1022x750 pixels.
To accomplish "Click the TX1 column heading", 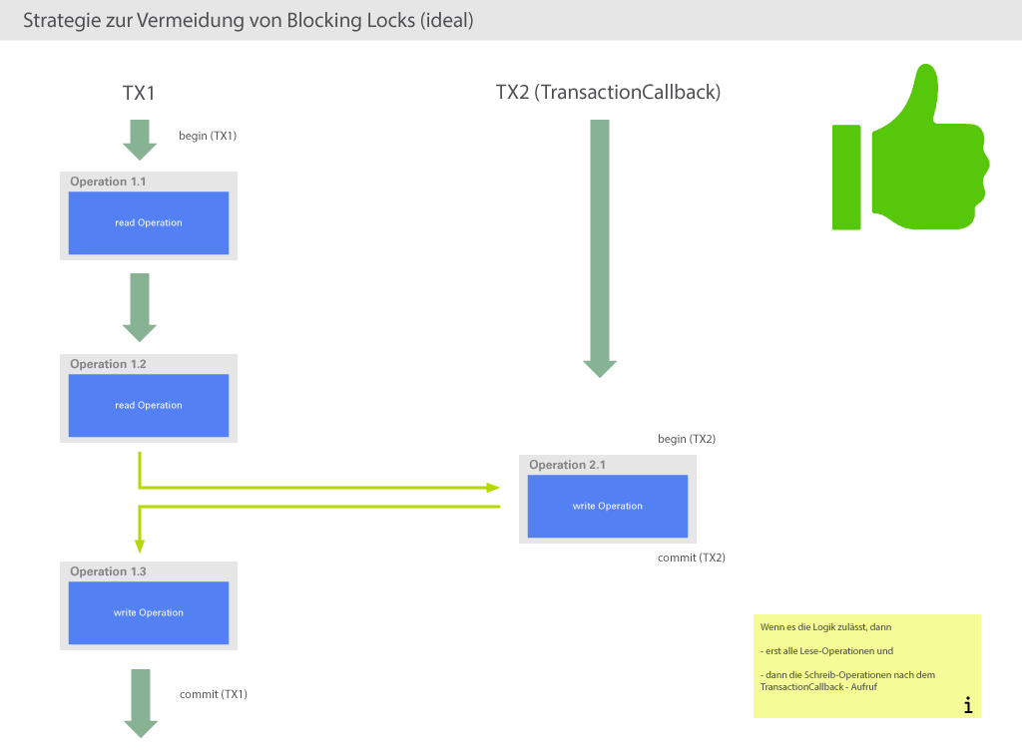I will point(139,93).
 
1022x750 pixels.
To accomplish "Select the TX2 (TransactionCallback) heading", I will point(608,92).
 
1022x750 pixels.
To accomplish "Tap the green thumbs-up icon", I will point(908,150).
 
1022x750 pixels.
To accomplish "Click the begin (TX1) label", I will point(208,136).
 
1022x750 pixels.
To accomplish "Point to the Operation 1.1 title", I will point(108,182).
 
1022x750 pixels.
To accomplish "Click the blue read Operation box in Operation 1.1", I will point(148,223).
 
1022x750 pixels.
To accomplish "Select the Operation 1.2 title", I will point(108,364).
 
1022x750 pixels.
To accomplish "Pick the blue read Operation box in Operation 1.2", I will point(148,406).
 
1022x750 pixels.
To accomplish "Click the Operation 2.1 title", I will point(567,465).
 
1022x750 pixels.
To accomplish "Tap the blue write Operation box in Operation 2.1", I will point(607,507).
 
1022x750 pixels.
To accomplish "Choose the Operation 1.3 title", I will point(108,571).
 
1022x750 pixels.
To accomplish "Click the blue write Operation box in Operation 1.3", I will point(148,613).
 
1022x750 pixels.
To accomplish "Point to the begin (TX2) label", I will point(686,439).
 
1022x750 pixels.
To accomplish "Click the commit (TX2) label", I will point(691,558).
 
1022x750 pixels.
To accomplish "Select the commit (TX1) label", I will point(213,693).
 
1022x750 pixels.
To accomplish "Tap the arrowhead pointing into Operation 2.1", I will point(492,488).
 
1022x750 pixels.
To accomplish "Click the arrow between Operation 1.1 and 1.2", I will point(140,307).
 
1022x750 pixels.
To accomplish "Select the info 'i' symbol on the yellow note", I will point(967,705).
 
